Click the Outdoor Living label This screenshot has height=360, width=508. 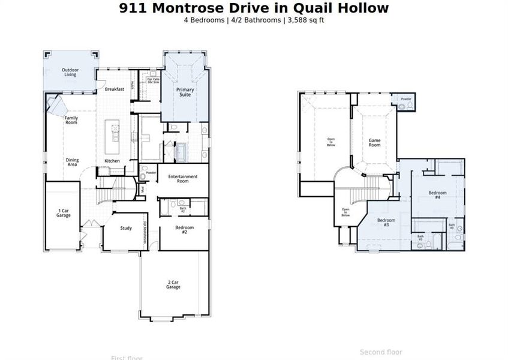click(x=70, y=72)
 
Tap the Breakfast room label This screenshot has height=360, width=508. click(x=114, y=89)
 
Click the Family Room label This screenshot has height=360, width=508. click(x=71, y=120)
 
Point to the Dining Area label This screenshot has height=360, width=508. click(x=72, y=162)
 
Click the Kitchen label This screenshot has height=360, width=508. click(x=112, y=161)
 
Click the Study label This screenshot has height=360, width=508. click(x=126, y=228)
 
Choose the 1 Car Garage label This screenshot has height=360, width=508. click(x=64, y=212)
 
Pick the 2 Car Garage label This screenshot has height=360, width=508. click(x=173, y=284)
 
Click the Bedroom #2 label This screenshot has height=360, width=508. click(x=184, y=229)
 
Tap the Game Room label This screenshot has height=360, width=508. click(x=374, y=143)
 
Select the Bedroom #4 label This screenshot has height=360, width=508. click(x=437, y=194)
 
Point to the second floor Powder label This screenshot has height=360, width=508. click(x=406, y=98)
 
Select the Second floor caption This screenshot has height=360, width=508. click(x=381, y=352)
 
